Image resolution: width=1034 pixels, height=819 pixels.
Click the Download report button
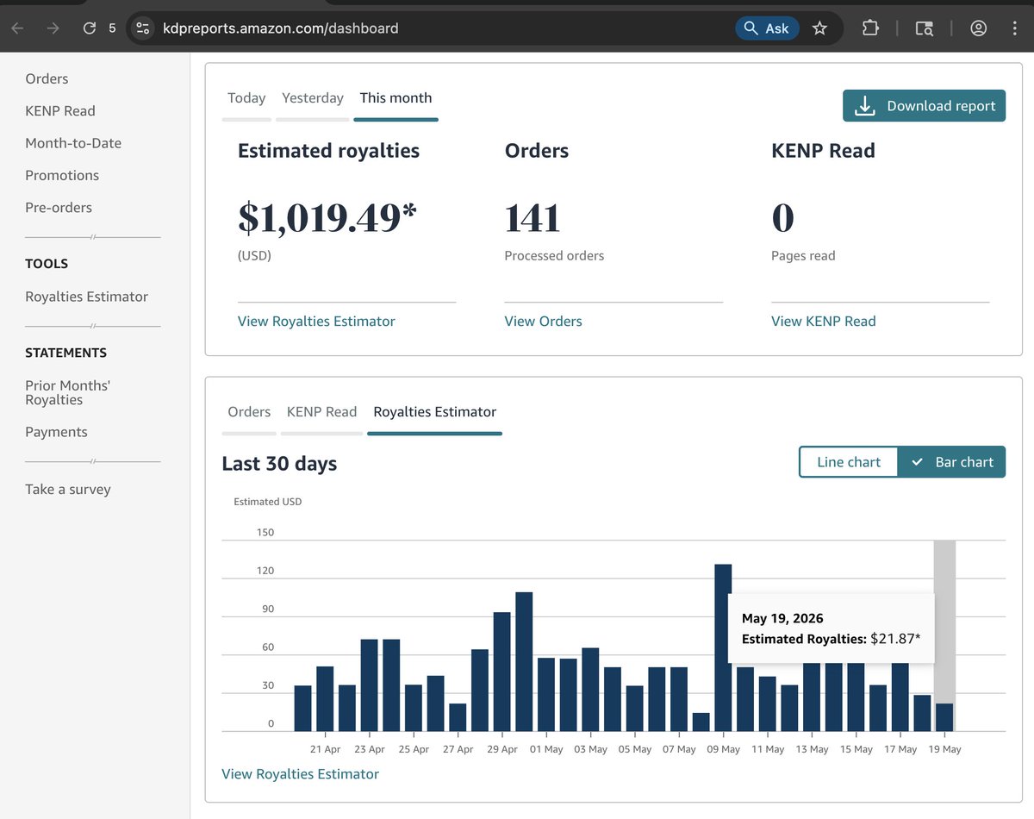[924, 105]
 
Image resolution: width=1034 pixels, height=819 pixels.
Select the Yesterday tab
[312, 98]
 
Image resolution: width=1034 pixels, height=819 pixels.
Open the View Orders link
[543, 321]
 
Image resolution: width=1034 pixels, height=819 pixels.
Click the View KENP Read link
[823, 321]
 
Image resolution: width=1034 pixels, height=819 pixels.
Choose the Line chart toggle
[849, 462]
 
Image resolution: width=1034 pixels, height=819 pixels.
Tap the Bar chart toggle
[951, 462]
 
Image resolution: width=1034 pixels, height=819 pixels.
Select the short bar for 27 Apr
[458, 717]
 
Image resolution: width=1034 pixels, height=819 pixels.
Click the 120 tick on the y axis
[265, 571]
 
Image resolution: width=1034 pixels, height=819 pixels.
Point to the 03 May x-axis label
[590, 749]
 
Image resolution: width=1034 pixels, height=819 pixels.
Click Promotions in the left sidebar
[62, 175]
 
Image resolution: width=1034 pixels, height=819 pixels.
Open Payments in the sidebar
[56, 432]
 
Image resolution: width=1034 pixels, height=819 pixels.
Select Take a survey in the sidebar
[68, 489]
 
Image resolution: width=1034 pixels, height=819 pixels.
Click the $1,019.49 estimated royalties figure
[327, 218]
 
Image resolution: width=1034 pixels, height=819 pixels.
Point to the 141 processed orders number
[533, 218]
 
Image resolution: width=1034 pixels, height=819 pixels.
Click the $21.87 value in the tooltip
[895, 638]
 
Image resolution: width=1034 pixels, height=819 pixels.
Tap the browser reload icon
[90, 28]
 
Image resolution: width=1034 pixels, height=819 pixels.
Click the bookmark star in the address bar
[819, 28]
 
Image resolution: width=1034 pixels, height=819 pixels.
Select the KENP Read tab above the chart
[321, 412]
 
